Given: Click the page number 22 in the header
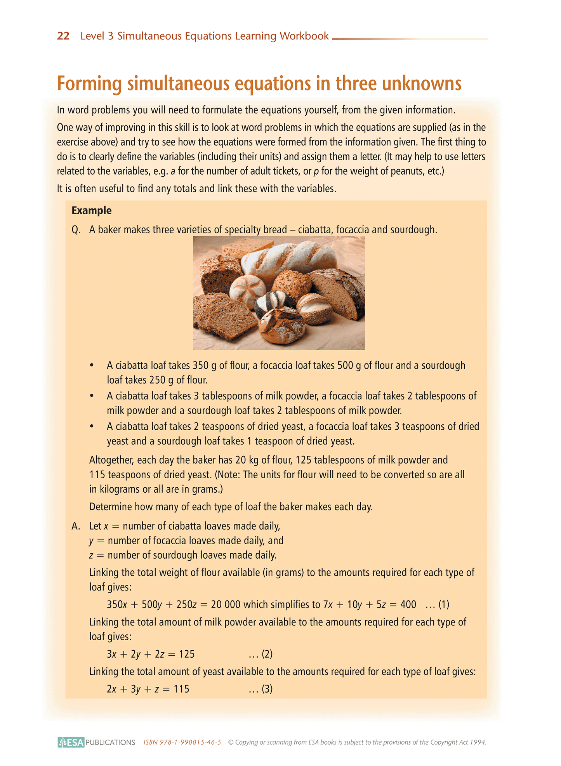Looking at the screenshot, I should pos(63,36).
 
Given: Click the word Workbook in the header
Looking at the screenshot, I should pos(304,36).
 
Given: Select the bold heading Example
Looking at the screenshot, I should pos(92,210).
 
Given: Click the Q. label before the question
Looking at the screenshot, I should pos(76,230).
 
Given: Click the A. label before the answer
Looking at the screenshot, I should pos(76,526).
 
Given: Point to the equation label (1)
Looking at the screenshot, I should pos(444,604).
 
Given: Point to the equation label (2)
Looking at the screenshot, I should pos(267,654).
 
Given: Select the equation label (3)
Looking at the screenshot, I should pos(267,689).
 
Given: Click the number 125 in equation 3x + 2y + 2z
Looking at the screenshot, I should pos(187,654).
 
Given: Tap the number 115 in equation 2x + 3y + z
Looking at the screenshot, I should pos(181,689).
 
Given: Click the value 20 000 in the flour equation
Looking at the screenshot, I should pos(226,604).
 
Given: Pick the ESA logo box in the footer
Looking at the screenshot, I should pos(71,742).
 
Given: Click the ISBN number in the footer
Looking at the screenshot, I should pos(182,742).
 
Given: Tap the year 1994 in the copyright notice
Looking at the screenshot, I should pos(478,742).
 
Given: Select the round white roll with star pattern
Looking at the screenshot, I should pos(247,290).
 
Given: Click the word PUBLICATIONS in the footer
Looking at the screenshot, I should pos(110,742).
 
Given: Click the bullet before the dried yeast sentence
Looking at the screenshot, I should pos(92,427).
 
